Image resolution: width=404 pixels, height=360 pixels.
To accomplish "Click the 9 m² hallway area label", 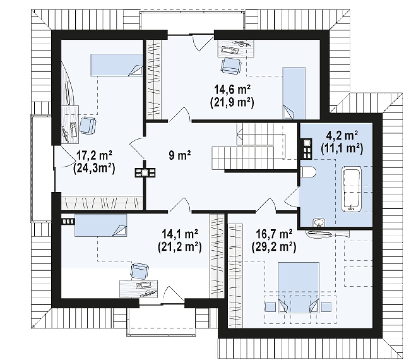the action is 180,155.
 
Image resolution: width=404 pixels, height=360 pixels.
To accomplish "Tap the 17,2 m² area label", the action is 94,156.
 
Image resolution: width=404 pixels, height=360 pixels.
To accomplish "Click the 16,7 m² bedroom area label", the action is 274,234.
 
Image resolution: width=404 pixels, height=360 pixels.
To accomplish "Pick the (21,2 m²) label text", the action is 180,247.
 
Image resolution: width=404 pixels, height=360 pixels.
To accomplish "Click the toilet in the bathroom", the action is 308,172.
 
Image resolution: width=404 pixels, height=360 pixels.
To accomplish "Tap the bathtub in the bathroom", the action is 351,189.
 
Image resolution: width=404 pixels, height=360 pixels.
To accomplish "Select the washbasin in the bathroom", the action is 319,223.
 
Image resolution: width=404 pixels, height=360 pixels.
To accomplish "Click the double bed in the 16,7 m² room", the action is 298,287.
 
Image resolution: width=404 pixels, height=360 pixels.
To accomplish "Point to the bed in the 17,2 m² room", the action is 117,65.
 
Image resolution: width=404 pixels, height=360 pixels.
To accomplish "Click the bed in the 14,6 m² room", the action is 294,93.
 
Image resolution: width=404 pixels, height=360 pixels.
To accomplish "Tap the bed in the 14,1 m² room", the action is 101,225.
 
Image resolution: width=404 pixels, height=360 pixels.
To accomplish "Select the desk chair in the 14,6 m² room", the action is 231,66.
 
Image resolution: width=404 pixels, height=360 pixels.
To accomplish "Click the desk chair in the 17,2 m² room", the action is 88,126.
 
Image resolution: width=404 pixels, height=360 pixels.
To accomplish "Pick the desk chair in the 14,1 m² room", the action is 140,271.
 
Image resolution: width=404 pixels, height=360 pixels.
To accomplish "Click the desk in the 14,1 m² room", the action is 138,289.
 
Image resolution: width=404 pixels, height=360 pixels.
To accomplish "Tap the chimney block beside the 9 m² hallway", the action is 145,172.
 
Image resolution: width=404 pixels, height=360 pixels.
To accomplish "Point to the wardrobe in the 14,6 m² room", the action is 154,80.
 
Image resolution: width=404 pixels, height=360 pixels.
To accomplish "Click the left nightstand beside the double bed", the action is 270,307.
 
